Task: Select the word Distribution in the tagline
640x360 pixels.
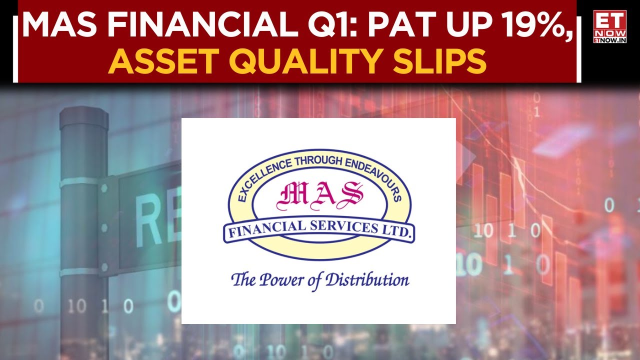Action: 367,279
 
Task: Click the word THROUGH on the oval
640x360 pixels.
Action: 317,160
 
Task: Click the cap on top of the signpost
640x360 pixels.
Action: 84,117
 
